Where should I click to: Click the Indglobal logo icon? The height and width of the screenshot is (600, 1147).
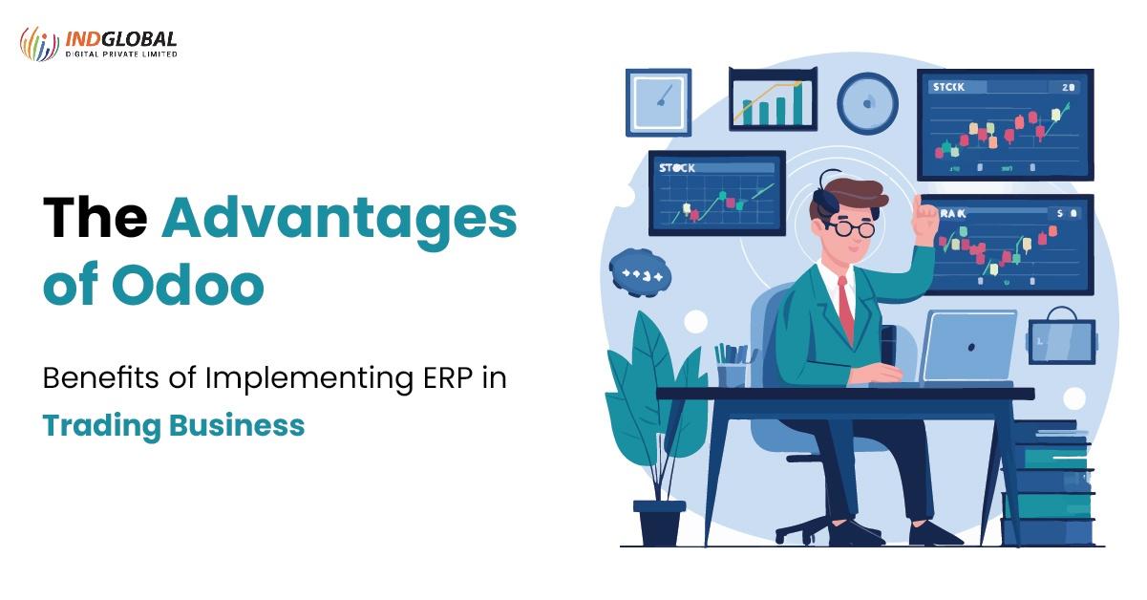(39, 43)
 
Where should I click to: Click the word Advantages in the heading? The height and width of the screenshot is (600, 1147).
(339, 219)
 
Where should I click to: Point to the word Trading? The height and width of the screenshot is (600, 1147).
(100, 425)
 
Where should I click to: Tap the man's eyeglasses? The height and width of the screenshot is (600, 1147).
(851, 228)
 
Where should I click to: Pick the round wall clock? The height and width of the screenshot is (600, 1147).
(867, 103)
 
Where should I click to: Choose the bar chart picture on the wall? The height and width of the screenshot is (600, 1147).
(773, 99)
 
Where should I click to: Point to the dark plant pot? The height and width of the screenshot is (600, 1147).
(659, 521)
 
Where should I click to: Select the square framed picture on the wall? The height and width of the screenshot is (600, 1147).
(658, 101)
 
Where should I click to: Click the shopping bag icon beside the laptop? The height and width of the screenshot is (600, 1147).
(1060, 335)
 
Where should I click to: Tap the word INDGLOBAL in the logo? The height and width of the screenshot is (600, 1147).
(121, 39)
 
